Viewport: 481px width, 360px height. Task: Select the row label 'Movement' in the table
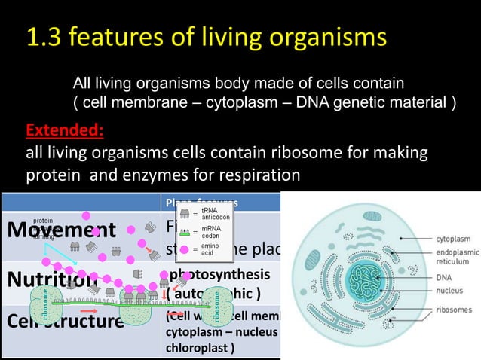click(x=60, y=230)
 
